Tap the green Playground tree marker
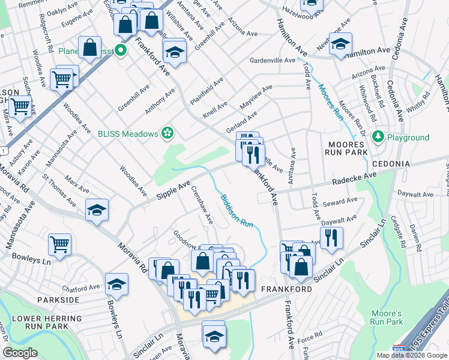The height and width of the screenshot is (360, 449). (378, 137)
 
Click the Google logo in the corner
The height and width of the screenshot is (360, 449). (20, 353)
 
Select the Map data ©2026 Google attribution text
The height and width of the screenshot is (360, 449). (411, 355)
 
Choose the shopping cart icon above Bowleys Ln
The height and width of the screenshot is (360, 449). (59, 244)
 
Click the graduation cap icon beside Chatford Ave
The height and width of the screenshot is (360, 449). (116, 284)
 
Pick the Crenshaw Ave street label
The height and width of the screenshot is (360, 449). (202, 204)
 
